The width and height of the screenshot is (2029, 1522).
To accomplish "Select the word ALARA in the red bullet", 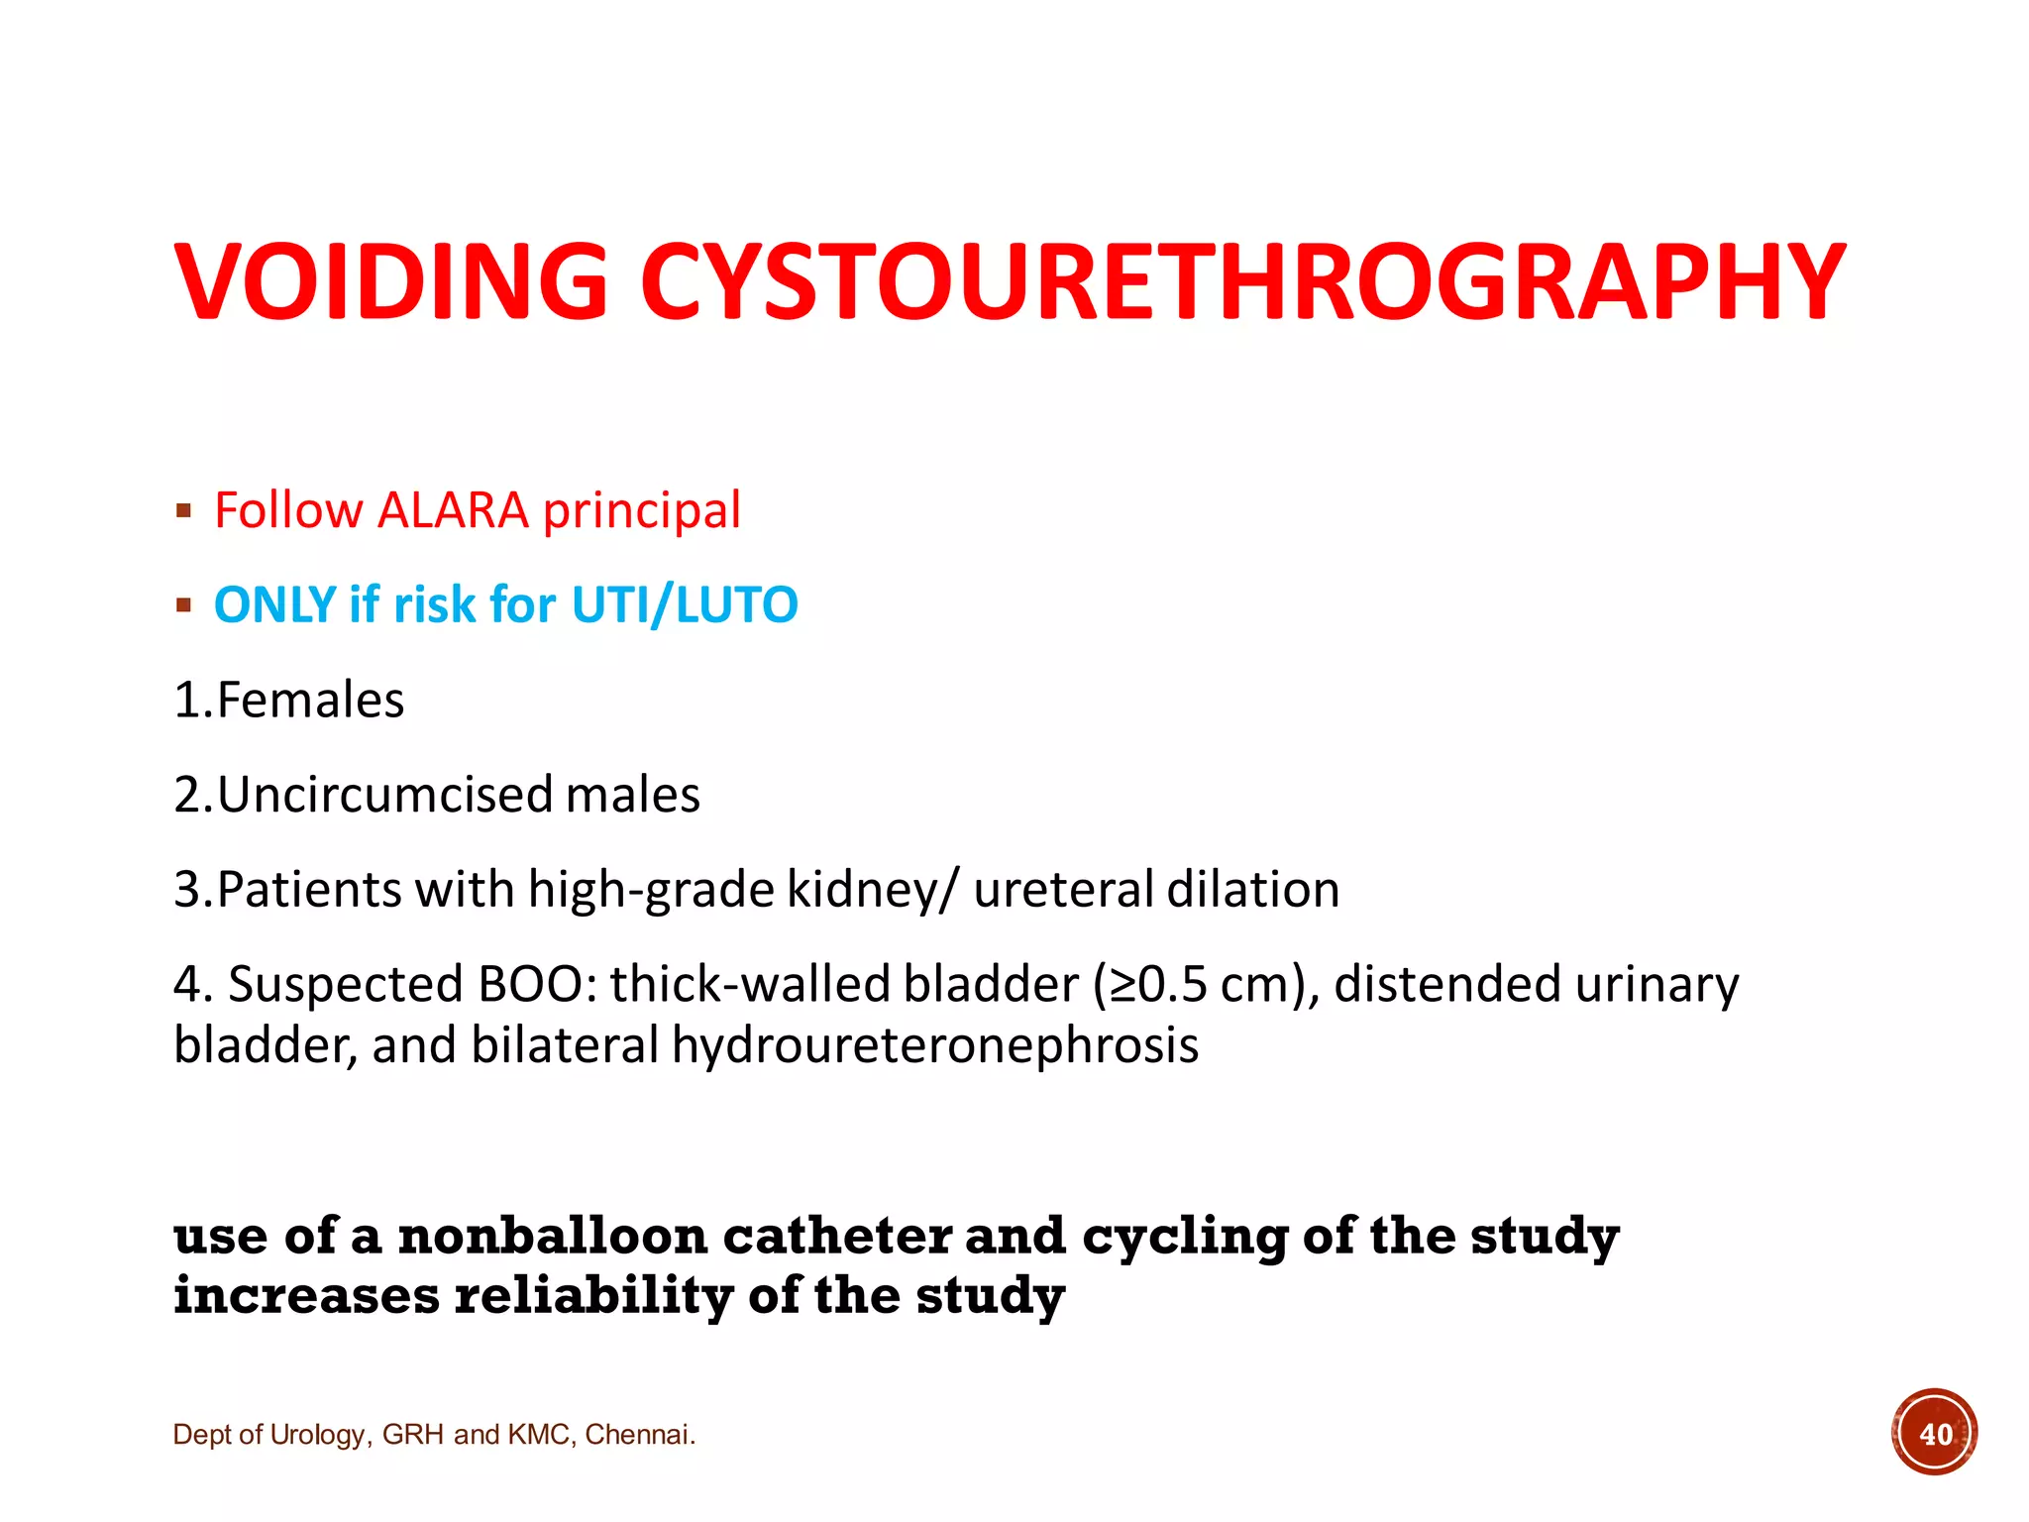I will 453,511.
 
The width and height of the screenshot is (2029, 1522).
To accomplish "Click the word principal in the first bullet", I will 642,511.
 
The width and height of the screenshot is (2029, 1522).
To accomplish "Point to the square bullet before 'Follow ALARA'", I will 183,511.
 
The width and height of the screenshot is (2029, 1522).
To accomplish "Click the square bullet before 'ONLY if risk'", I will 183,604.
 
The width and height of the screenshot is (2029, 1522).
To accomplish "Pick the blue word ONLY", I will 274,604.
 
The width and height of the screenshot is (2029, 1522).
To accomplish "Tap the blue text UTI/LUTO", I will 685,604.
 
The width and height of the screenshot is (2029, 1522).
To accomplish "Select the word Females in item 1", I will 310,701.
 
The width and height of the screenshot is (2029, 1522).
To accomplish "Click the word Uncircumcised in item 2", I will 385,795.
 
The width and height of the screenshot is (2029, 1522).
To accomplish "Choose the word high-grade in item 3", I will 651,890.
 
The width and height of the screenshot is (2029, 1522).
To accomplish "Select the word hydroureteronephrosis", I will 935,1045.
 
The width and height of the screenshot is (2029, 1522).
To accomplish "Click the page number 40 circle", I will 1934,1433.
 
